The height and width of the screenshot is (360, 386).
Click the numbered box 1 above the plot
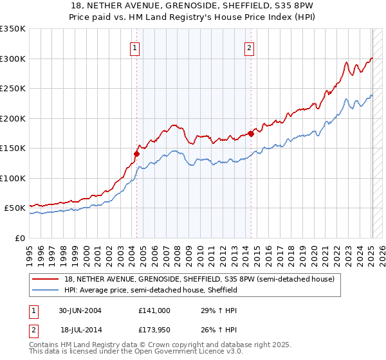pos(135,47)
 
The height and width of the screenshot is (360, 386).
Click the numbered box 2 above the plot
pos(249,47)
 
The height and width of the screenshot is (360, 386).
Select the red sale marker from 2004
pos(136,154)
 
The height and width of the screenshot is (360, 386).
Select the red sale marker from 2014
pos(251,134)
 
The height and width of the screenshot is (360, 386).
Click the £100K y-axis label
pos(13,178)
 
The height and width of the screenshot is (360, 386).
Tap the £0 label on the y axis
pos(19,238)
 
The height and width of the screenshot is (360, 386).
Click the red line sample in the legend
pos(47,280)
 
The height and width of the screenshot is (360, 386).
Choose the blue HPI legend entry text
pos(151,290)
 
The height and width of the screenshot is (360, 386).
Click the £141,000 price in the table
pos(154,310)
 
